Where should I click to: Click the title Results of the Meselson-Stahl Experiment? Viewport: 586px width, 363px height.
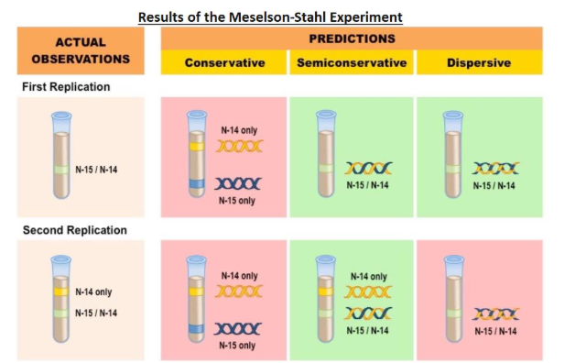(270, 16)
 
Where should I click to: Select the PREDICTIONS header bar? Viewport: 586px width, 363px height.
(352, 38)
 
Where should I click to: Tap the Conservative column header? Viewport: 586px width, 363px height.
(224, 63)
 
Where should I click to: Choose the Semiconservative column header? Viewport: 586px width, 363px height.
(352, 63)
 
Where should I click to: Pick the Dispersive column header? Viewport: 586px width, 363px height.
(479, 63)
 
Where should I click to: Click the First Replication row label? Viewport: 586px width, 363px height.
(66, 86)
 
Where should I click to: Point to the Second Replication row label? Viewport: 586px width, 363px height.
(74, 230)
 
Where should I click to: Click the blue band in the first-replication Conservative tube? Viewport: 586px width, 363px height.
(197, 183)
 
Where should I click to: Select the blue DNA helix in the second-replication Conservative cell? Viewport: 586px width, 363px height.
(239, 328)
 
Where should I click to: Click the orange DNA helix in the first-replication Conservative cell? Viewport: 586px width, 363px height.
(240, 146)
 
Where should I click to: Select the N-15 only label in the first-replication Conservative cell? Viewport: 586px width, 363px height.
(239, 201)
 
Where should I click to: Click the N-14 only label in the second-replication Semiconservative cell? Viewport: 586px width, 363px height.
(368, 276)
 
